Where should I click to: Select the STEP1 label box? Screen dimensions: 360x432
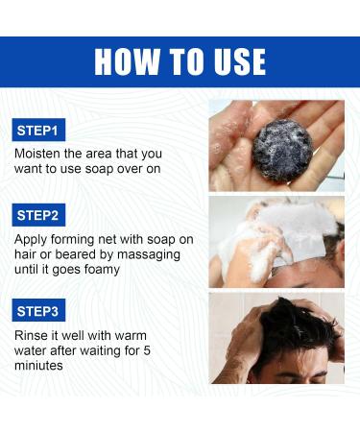click(38, 130)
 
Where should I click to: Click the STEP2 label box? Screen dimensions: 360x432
click(38, 215)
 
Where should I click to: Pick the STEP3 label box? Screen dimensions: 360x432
click(38, 310)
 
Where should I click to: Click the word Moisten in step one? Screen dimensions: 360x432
click(37, 154)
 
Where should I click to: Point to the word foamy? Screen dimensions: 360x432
click(102, 270)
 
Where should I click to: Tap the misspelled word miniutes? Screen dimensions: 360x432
click(38, 366)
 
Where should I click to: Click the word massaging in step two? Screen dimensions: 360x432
click(149, 255)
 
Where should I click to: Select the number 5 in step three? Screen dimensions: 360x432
click(147, 350)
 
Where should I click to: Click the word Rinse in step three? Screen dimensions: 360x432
click(31, 335)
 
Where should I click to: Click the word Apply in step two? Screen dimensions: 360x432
click(31, 240)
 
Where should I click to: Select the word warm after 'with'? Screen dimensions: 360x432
click(131, 336)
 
